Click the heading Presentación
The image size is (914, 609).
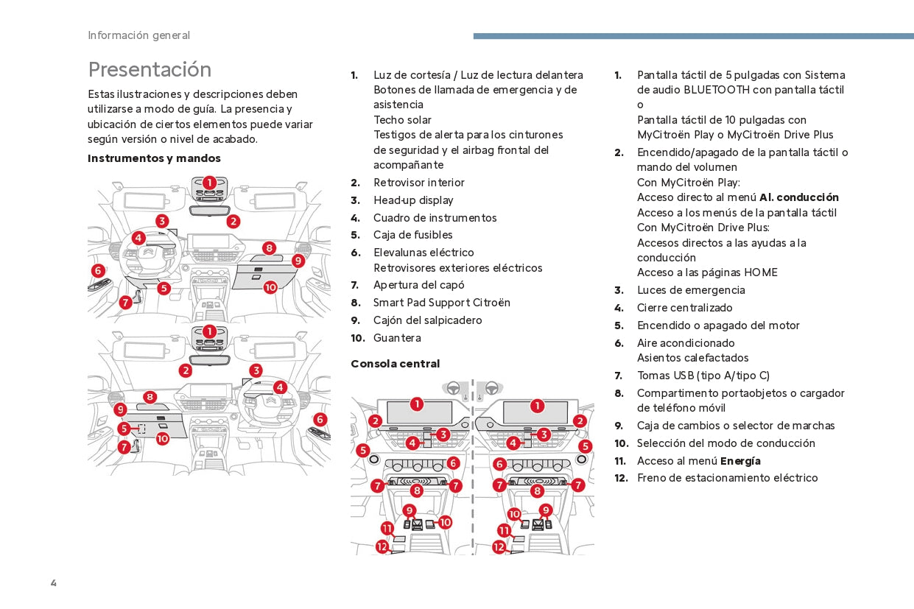coord(150,69)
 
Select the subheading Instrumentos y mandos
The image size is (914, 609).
coord(154,158)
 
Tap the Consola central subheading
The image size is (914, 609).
coord(395,364)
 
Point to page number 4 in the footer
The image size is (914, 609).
coord(54,583)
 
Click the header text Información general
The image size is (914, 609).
coord(138,35)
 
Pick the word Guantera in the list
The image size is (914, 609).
coord(397,338)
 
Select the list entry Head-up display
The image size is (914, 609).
coord(413,200)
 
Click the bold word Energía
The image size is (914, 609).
coord(740,461)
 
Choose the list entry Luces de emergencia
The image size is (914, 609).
coord(691,290)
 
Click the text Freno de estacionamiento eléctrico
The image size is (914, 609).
coord(727,478)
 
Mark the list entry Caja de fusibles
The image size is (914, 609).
coord(412,235)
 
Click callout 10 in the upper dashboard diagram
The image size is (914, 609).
coord(270,287)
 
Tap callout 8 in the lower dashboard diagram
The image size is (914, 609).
coord(150,397)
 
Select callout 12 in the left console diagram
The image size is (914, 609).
coord(382,546)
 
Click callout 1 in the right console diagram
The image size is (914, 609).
coord(537,406)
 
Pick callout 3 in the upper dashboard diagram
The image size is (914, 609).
coord(162,220)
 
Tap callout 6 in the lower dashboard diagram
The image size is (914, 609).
coord(320,419)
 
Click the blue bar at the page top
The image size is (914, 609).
coord(692,35)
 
